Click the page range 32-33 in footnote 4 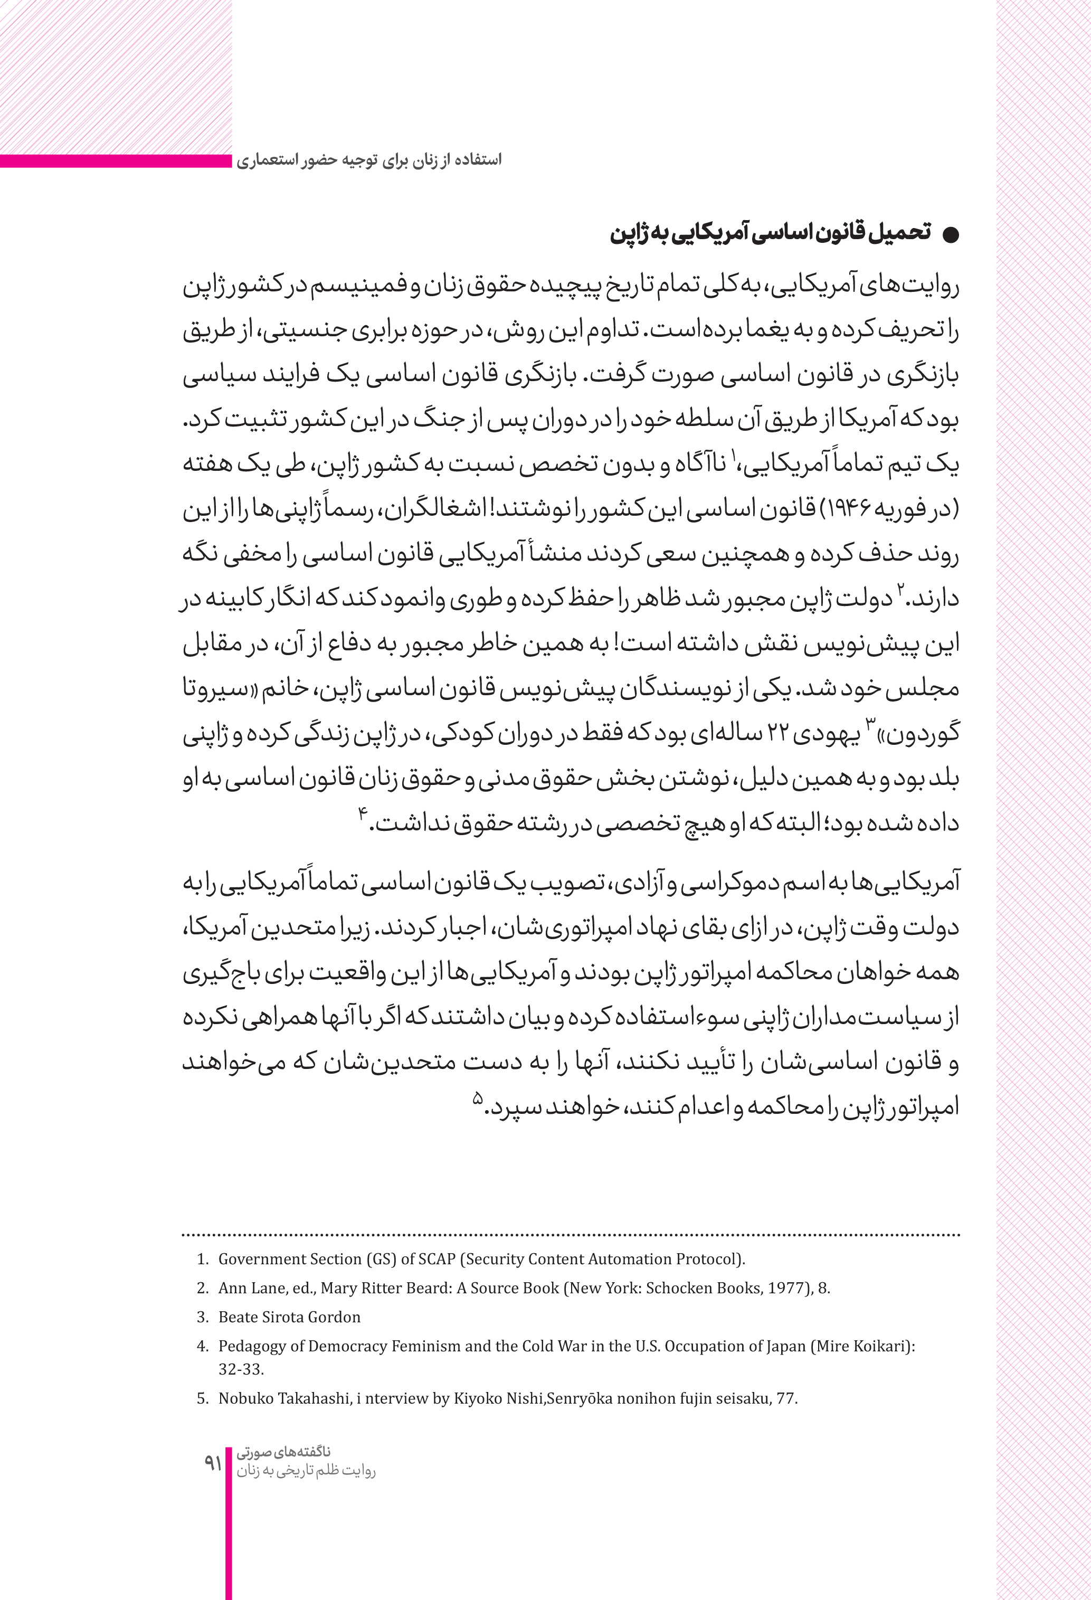coord(241,1369)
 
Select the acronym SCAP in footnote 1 coord(437,1259)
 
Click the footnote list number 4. coord(202,1346)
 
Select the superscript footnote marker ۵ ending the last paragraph coord(477,1097)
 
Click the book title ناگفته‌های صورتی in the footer coord(283,1452)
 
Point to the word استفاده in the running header coord(482,160)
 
